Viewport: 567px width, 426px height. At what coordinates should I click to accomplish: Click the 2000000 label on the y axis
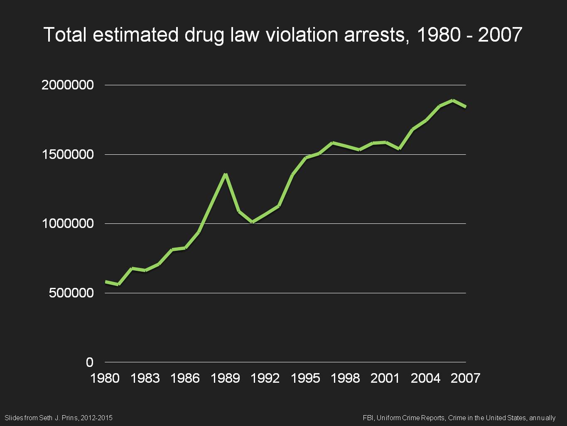68,85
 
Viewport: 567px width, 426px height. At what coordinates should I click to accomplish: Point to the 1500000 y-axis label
68,155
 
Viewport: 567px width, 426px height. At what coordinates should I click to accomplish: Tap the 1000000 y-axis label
68,224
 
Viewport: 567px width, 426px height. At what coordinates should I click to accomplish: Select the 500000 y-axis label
71,293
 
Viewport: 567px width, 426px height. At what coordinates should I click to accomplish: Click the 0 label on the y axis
90,362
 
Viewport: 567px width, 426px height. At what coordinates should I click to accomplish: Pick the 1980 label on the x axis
105,378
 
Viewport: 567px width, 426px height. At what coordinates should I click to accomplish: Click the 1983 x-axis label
145,378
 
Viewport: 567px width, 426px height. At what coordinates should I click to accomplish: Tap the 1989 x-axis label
225,378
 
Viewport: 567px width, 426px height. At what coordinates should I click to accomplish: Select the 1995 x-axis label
305,378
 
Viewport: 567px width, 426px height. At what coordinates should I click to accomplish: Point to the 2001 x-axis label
385,378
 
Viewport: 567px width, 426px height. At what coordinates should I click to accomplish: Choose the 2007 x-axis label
465,378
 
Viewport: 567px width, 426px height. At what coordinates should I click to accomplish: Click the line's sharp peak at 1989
225,174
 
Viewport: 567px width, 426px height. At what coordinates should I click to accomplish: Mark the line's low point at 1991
252,222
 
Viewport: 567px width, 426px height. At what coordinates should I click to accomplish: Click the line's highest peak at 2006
452,100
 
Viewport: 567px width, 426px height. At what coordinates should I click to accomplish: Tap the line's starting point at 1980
106,282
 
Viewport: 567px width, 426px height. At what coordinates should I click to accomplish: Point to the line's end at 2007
466,106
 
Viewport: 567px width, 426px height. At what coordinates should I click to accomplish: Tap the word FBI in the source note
368,418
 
